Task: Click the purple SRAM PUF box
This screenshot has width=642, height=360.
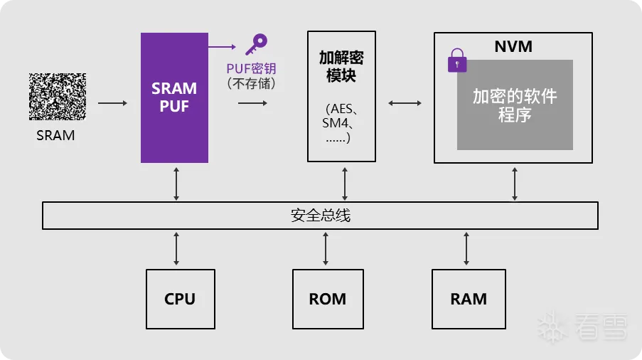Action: click(174, 97)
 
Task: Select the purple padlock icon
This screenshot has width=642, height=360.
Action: click(457, 60)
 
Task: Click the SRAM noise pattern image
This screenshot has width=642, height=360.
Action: click(58, 96)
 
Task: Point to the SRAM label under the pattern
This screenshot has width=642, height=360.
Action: click(55, 135)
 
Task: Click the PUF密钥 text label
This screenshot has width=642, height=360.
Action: click(251, 68)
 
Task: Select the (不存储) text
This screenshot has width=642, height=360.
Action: click(251, 83)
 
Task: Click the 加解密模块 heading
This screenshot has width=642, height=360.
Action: click(341, 66)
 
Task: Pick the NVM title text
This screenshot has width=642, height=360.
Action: click(513, 47)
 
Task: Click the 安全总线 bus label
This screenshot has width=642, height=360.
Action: click(321, 216)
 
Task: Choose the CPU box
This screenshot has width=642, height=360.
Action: click(180, 299)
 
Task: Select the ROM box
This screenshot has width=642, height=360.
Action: click(328, 299)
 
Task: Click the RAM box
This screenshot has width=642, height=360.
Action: click(469, 298)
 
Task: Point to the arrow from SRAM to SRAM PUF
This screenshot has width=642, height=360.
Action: click(112, 104)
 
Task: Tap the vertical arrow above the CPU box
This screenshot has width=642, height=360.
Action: click(176, 248)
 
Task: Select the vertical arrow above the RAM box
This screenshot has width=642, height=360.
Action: click(466, 248)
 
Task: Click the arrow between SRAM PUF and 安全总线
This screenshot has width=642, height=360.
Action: click(176, 182)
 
